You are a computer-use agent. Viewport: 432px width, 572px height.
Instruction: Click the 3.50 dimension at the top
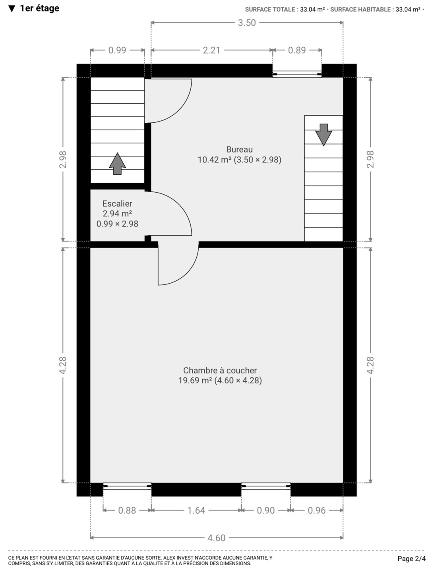point(247,23)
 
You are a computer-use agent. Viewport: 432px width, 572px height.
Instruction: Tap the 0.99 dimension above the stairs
point(117,50)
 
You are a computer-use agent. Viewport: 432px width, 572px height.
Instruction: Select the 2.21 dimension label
point(211,50)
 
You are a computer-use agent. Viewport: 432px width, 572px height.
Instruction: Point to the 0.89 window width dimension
point(297,50)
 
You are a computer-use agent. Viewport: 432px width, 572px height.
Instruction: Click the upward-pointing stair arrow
point(117,164)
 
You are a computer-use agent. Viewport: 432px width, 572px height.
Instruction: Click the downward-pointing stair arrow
point(324,135)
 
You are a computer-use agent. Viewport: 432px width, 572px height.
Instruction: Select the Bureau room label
point(239,150)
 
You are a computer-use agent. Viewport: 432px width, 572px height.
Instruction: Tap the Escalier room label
point(117,203)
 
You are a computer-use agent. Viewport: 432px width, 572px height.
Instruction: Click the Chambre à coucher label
point(220,370)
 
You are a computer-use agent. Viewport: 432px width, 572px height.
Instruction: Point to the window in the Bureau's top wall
point(297,74)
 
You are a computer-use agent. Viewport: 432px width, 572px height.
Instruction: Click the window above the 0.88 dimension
point(127,486)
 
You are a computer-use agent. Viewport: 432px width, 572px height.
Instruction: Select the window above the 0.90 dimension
point(265,486)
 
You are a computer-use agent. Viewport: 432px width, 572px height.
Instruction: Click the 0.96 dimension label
point(316,510)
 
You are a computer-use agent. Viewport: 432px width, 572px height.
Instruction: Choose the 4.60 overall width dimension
point(216,538)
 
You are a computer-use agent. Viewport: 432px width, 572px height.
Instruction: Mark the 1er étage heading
point(34,8)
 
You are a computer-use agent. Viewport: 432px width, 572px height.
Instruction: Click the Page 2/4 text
point(411,559)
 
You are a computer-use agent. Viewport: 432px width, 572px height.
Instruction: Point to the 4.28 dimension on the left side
point(63,365)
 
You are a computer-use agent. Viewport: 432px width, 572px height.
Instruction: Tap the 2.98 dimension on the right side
point(370,159)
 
